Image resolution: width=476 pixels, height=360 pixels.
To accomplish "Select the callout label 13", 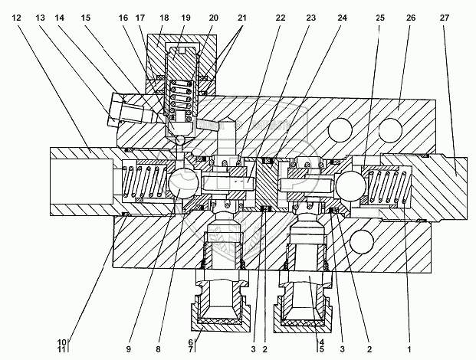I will [x=40, y=17].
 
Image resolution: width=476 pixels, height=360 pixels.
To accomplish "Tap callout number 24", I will [x=342, y=17].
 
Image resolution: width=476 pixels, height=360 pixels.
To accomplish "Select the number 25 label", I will [x=381, y=17].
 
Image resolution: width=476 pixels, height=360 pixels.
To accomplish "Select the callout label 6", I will [x=189, y=341].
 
